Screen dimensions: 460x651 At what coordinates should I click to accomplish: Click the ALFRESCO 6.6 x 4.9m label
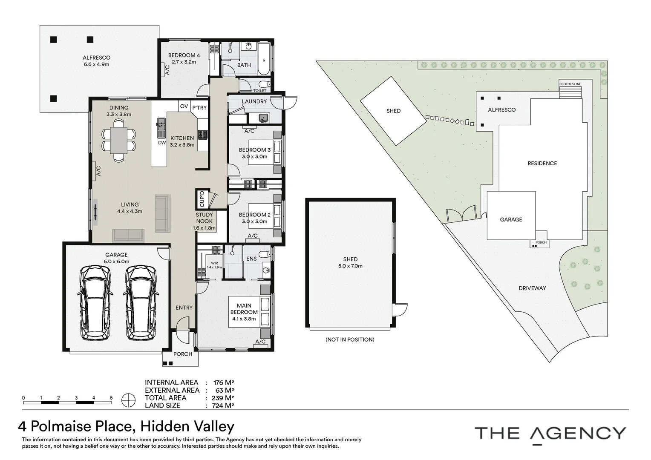click(96, 61)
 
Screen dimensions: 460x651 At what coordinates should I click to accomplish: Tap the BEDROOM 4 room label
click(184, 58)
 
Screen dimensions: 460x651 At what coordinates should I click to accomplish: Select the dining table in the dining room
click(118, 141)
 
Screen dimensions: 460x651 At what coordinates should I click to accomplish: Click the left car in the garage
click(96, 302)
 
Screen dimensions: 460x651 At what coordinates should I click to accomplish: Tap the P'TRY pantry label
click(199, 107)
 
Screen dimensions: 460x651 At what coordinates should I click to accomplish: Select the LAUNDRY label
click(254, 101)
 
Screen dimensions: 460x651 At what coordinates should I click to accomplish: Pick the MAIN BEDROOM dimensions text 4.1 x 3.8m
click(244, 319)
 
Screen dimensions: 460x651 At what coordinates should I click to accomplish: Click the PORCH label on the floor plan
click(183, 354)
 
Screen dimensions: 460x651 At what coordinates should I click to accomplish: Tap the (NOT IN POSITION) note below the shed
click(350, 339)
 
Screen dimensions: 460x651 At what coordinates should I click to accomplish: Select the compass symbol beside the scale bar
click(128, 400)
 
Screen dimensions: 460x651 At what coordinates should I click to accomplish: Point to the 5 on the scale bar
click(111, 397)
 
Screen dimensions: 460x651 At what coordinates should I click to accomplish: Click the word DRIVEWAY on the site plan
click(532, 288)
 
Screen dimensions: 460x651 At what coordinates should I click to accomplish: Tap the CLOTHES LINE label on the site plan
click(570, 84)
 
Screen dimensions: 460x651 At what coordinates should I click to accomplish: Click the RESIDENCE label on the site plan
click(542, 163)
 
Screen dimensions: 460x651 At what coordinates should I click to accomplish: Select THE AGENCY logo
click(550, 433)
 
